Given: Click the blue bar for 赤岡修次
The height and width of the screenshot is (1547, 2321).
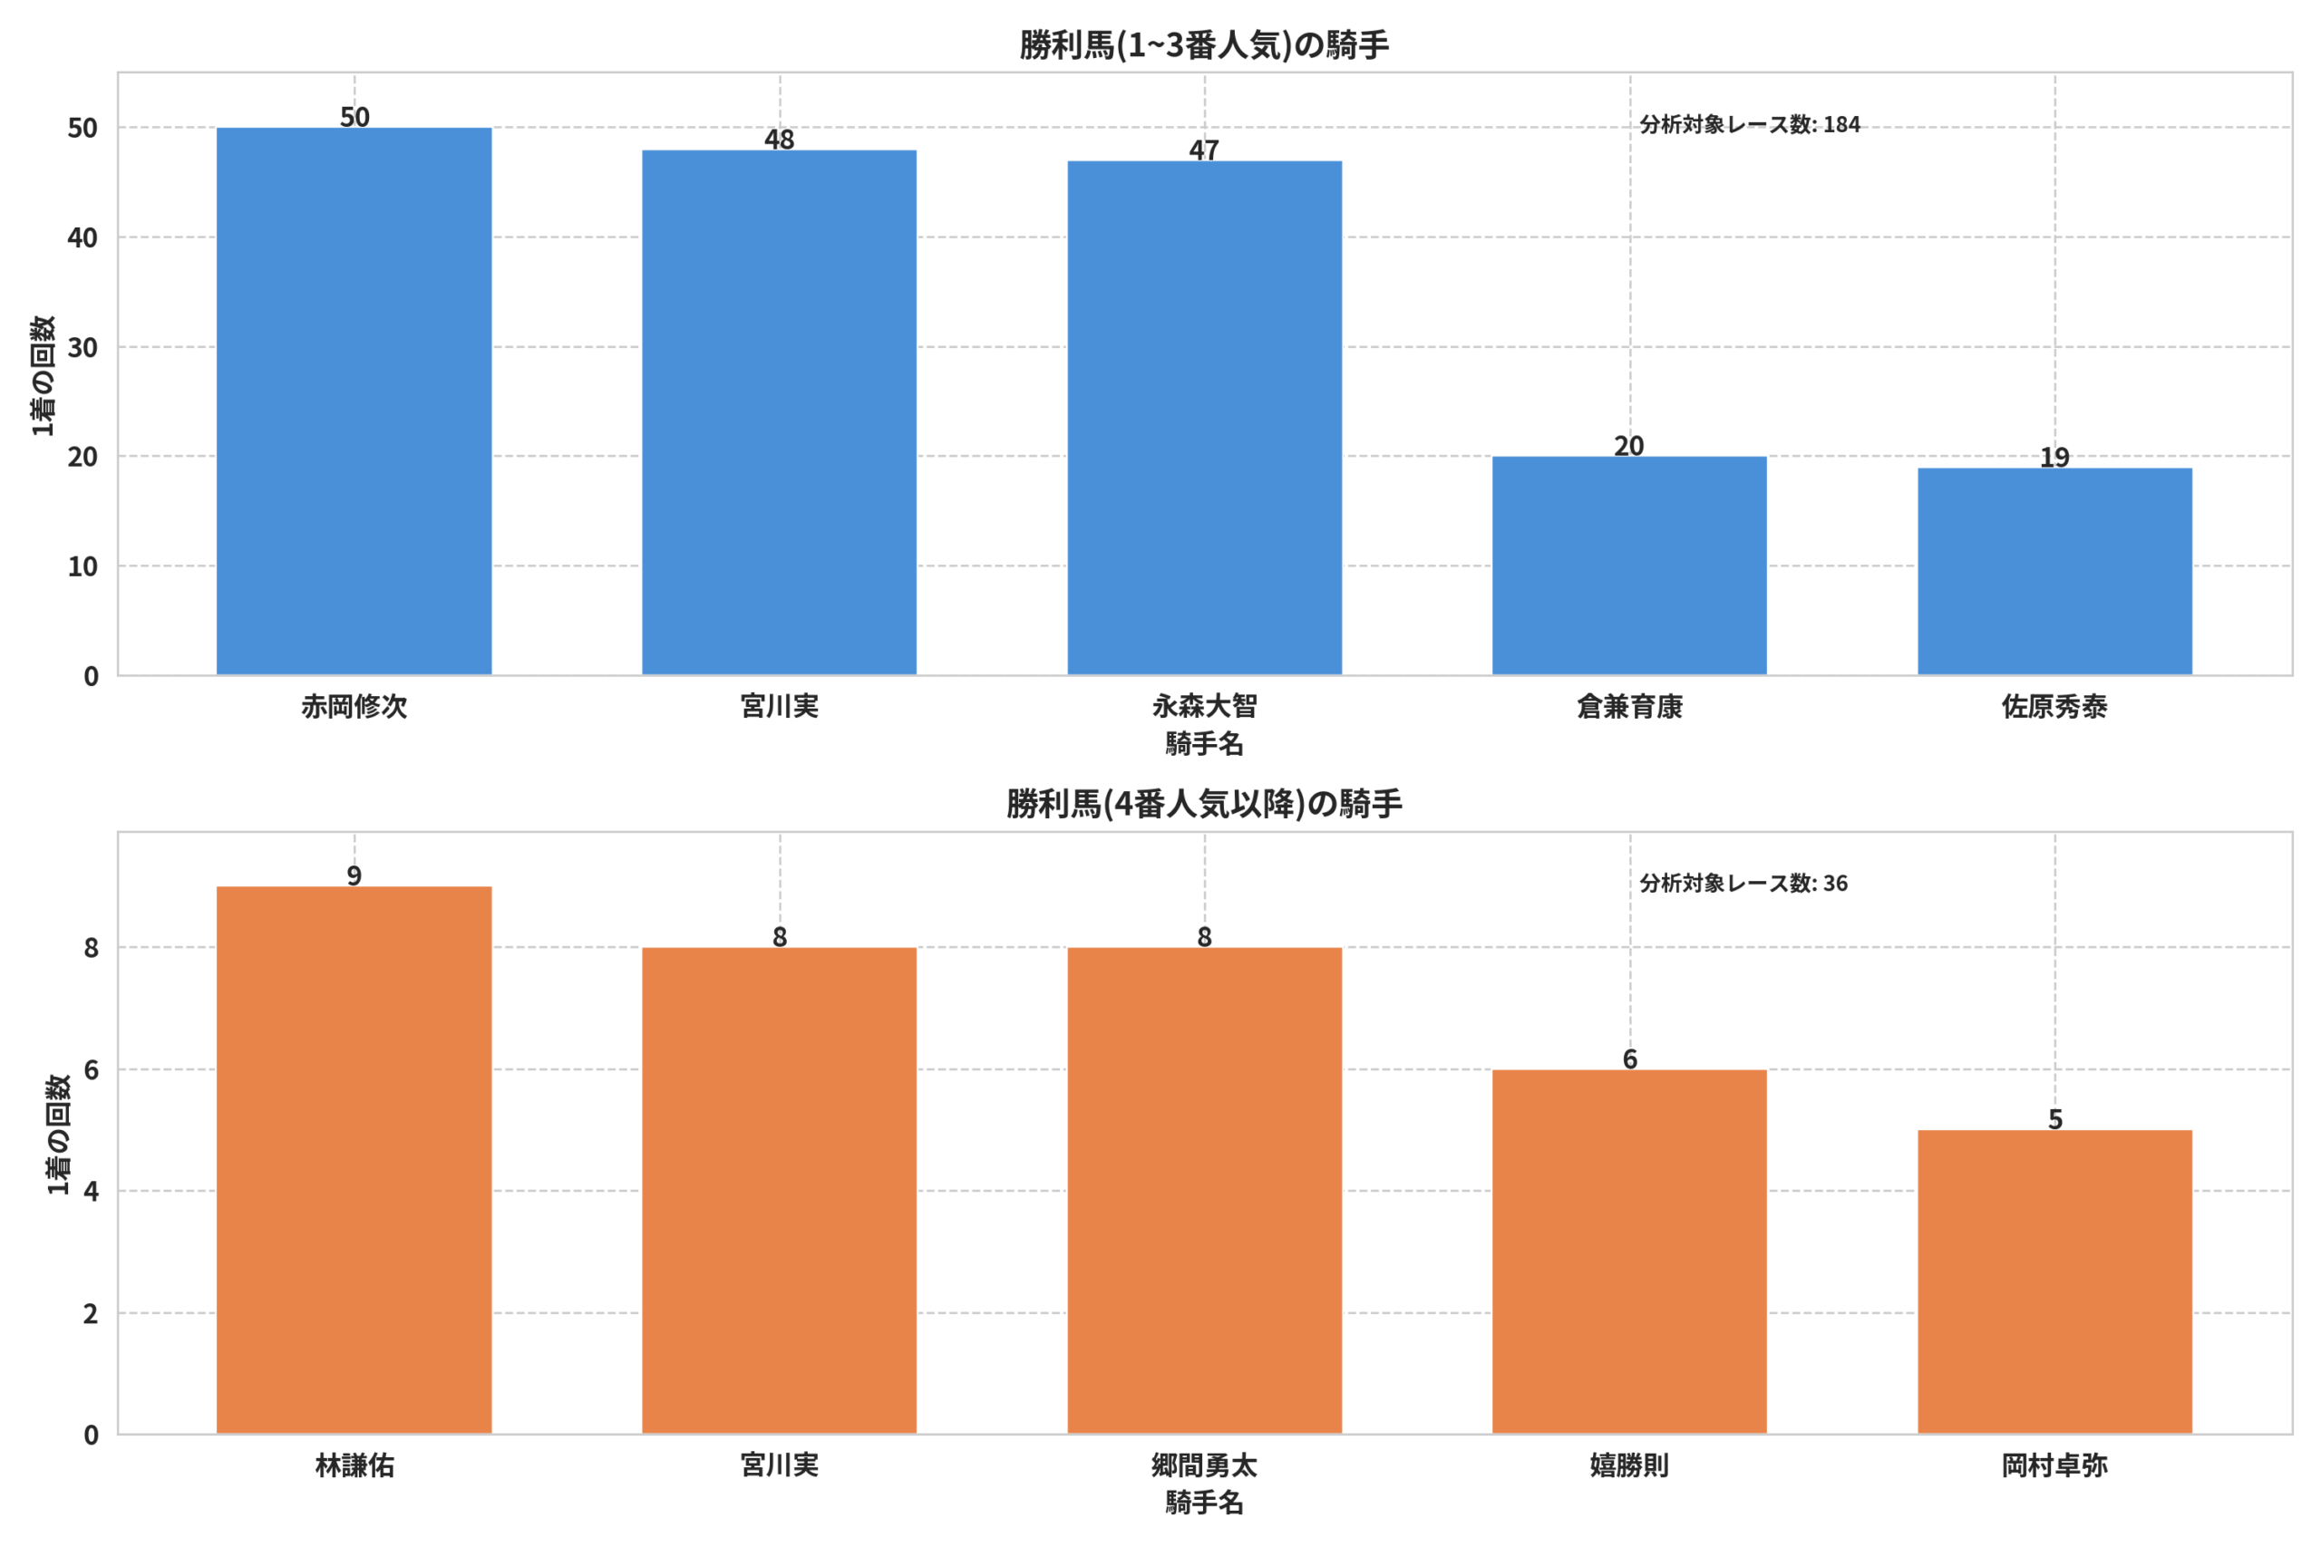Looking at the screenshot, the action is coord(354,401).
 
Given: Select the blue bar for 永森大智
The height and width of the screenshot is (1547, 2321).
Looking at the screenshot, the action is coord(1204,419).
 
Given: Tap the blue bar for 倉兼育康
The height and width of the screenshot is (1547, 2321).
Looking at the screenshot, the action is coord(1629,566).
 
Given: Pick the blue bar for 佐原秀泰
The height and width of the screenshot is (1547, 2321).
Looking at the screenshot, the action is coord(2054,571).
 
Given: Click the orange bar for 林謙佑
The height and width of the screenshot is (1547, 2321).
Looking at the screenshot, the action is coord(354,1160).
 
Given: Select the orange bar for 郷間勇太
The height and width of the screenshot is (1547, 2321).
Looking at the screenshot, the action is coord(1204,1191).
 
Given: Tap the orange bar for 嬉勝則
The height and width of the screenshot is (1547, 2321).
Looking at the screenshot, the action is coord(1629,1252).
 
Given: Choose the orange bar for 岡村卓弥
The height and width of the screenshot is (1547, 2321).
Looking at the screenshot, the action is coord(2054,1281).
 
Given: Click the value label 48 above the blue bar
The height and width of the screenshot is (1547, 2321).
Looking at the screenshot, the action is coord(779,139).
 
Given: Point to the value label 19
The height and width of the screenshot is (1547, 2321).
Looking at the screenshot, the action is coord(2054,457).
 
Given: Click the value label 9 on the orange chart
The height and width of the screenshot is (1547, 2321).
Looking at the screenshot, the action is coord(354,875).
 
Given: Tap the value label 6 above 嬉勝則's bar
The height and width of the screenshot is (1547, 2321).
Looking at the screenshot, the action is coord(1629,1059).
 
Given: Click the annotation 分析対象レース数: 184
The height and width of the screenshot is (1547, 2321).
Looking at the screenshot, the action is coord(1750,124).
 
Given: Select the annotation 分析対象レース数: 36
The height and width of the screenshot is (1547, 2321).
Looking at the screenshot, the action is coord(1743,883).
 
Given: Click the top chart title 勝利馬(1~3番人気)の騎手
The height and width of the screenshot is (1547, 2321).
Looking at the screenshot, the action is coord(1204,44).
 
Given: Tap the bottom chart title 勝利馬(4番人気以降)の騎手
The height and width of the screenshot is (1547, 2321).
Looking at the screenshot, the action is coord(1204,803).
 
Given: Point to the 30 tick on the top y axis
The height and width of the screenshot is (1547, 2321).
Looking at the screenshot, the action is coord(83,347).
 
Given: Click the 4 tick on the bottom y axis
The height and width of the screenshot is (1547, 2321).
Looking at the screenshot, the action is coord(91,1191).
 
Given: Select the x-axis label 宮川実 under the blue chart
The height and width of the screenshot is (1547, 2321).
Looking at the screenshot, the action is coord(779,706).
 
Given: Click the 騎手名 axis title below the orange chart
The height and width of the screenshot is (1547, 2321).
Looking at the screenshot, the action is coord(1204,1503).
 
